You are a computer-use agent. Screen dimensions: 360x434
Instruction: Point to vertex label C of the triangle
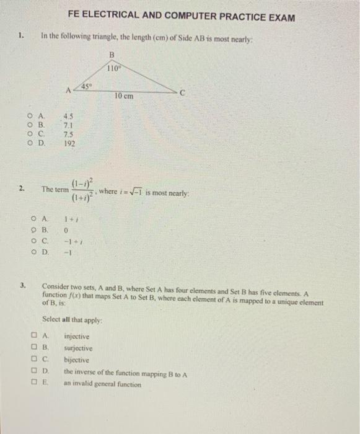tap(182, 92)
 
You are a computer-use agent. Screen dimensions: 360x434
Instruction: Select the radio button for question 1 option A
tap(30, 114)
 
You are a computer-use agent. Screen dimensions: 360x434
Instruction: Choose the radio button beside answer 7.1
tap(30, 123)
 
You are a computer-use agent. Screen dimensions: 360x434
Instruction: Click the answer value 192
tap(69, 143)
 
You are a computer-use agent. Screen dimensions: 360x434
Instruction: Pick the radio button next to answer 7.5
tap(30, 133)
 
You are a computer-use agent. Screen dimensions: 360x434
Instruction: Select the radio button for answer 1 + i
tap(32, 218)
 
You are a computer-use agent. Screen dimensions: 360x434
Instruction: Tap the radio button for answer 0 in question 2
tap(32, 229)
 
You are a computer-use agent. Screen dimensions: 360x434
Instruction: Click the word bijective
tap(76, 360)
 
